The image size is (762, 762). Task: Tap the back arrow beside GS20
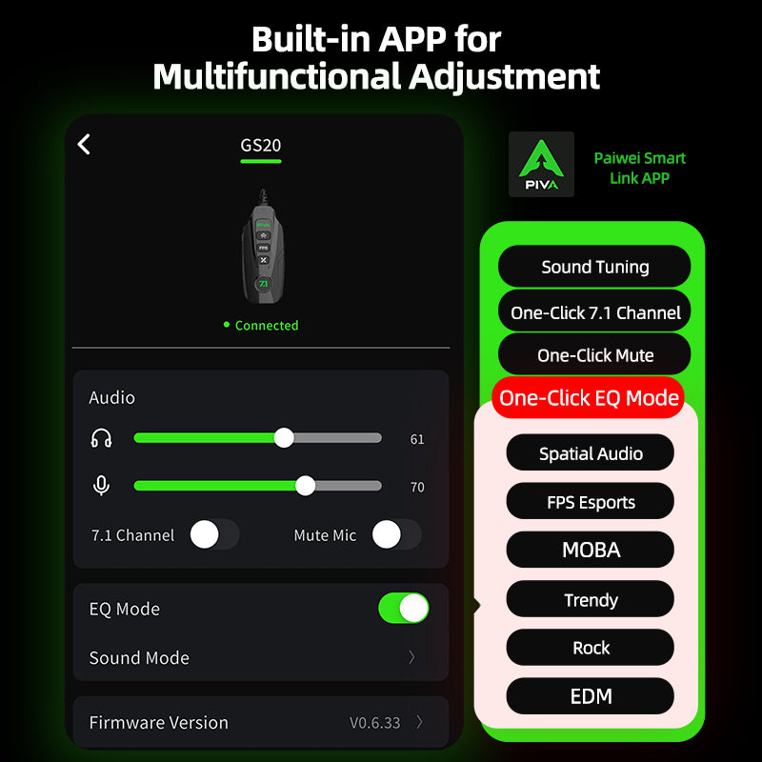pyautogui.click(x=84, y=145)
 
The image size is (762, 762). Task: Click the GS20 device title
pyautogui.click(x=260, y=146)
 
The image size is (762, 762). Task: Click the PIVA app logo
pyautogui.click(x=541, y=164)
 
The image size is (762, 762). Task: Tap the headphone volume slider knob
pyautogui.click(x=284, y=438)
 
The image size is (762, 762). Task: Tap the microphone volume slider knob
pyautogui.click(x=305, y=486)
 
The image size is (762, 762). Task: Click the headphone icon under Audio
pyautogui.click(x=101, y=438)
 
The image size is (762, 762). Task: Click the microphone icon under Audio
pyautogui.click(x=101, y=486)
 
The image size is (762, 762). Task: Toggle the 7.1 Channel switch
pyautogui.click(x=214, y=534)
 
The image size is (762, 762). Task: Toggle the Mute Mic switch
pyautogui.click(x=396, y=534)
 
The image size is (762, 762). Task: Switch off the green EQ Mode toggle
pyautogui.click(x=404, y=608)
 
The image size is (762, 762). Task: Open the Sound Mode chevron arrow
pyautogui.click(x=411, y=657)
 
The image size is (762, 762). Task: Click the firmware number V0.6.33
pyautogui.click(x=374, y=723)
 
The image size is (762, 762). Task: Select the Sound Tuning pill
pyautogui.click(x=594, y=267)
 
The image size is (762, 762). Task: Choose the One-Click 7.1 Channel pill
pyautogui.click(x=594, y=312)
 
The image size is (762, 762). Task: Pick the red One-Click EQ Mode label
pyautogui.click(x=589, y=397)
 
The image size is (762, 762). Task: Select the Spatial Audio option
pyautogui.click(x=590, y=452)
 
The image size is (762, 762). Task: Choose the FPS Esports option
pyautogui.click(x=590, y=501)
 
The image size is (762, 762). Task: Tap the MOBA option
pyautogui.click(x=590, y=550)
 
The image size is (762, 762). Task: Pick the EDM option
pyautogui.click(x=590, y=696)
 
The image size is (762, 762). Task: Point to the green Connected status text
pyautogui.click(x=267, y=325)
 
